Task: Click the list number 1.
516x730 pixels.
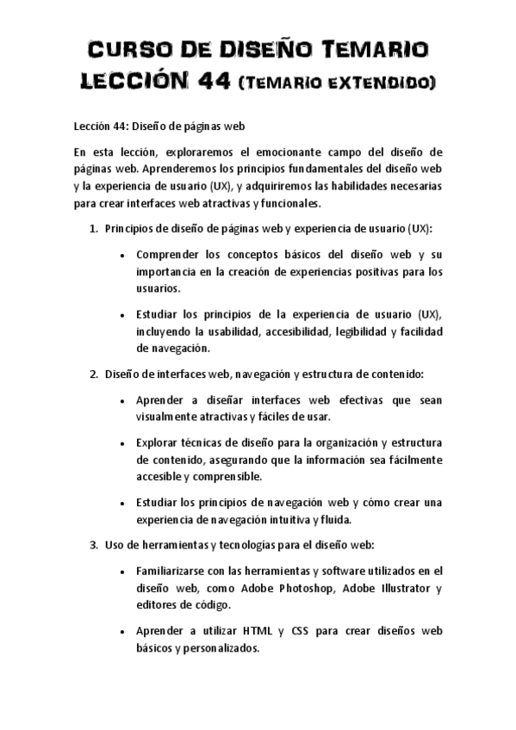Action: (93, 229)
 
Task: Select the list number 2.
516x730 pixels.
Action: (93, 374)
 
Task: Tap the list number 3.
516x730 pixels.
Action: (93, 544)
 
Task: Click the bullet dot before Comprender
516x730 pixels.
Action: (125, 256)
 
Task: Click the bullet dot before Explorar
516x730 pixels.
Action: (125, 443)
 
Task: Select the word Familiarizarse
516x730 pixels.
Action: (177, 570)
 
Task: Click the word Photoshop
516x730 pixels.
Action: (307, 588)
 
